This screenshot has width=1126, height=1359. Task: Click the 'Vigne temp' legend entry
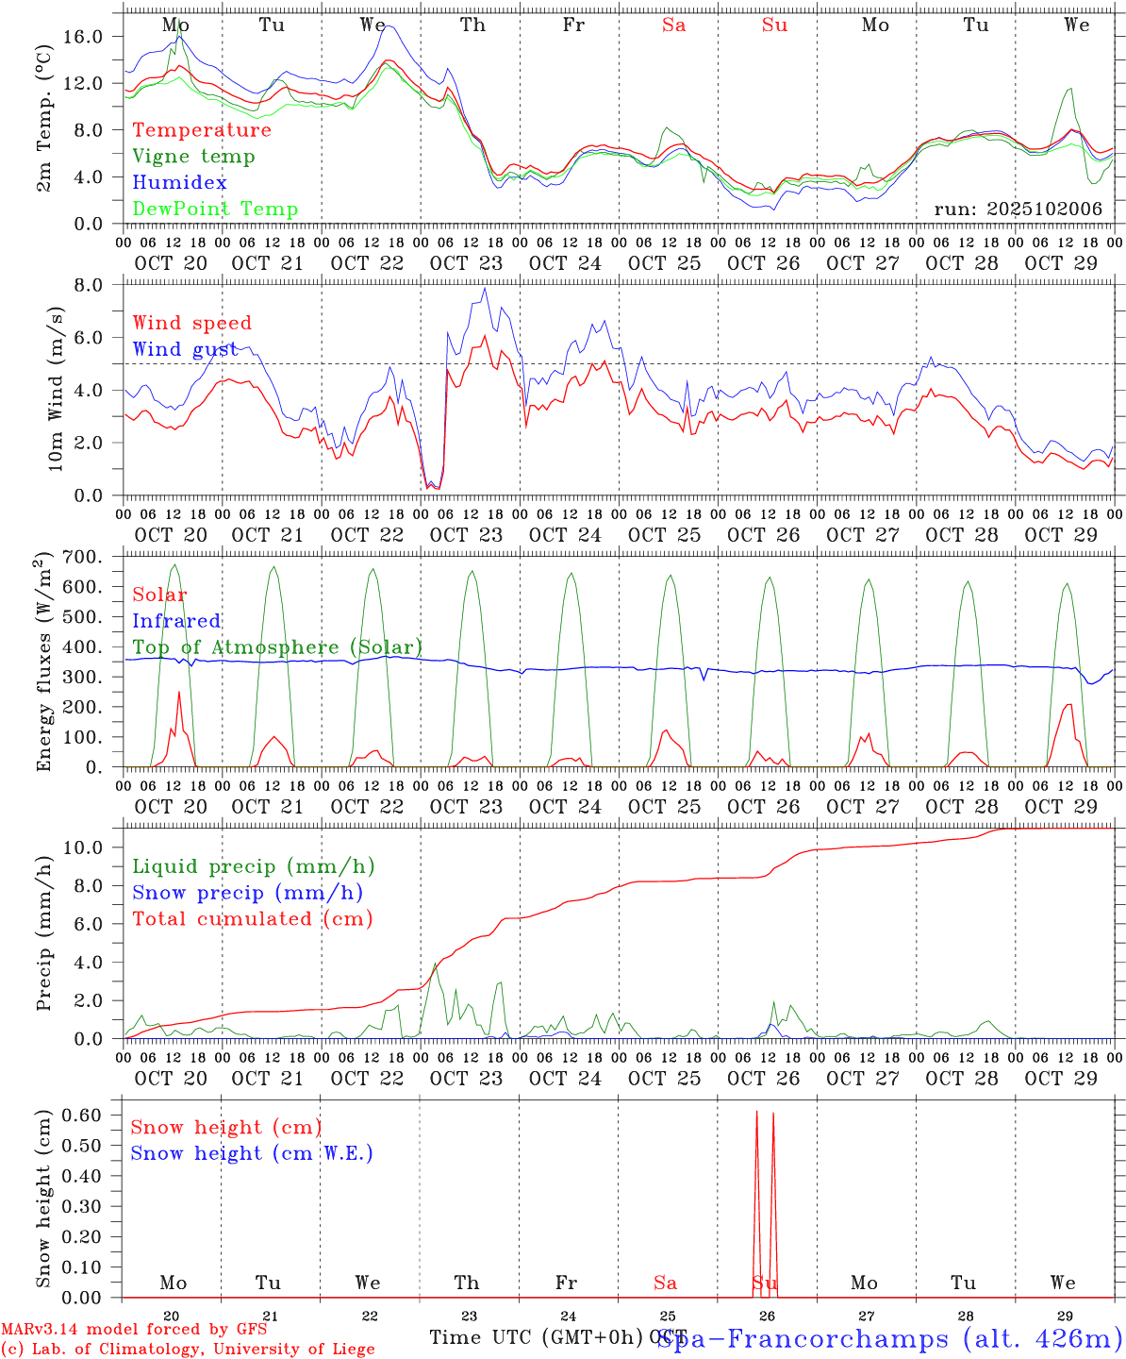193,157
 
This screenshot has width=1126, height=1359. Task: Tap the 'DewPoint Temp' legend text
215,210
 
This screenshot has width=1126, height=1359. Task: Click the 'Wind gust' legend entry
185,349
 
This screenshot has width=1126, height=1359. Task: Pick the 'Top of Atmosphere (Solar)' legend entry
277,647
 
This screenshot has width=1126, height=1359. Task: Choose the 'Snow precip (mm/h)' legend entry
247,893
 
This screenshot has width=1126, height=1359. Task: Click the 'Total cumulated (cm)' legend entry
253,919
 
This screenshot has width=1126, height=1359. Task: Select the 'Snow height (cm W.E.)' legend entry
252,1153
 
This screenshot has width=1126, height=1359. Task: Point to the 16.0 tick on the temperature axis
98,37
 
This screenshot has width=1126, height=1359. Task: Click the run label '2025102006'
1018,210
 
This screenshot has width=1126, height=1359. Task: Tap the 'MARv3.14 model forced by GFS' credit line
134,1330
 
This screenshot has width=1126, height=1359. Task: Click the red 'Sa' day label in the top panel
673,25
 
